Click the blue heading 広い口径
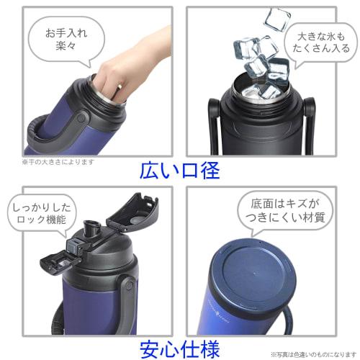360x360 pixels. click(x=180, y=171)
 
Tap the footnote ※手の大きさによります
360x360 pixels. click(x=58, y=162)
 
